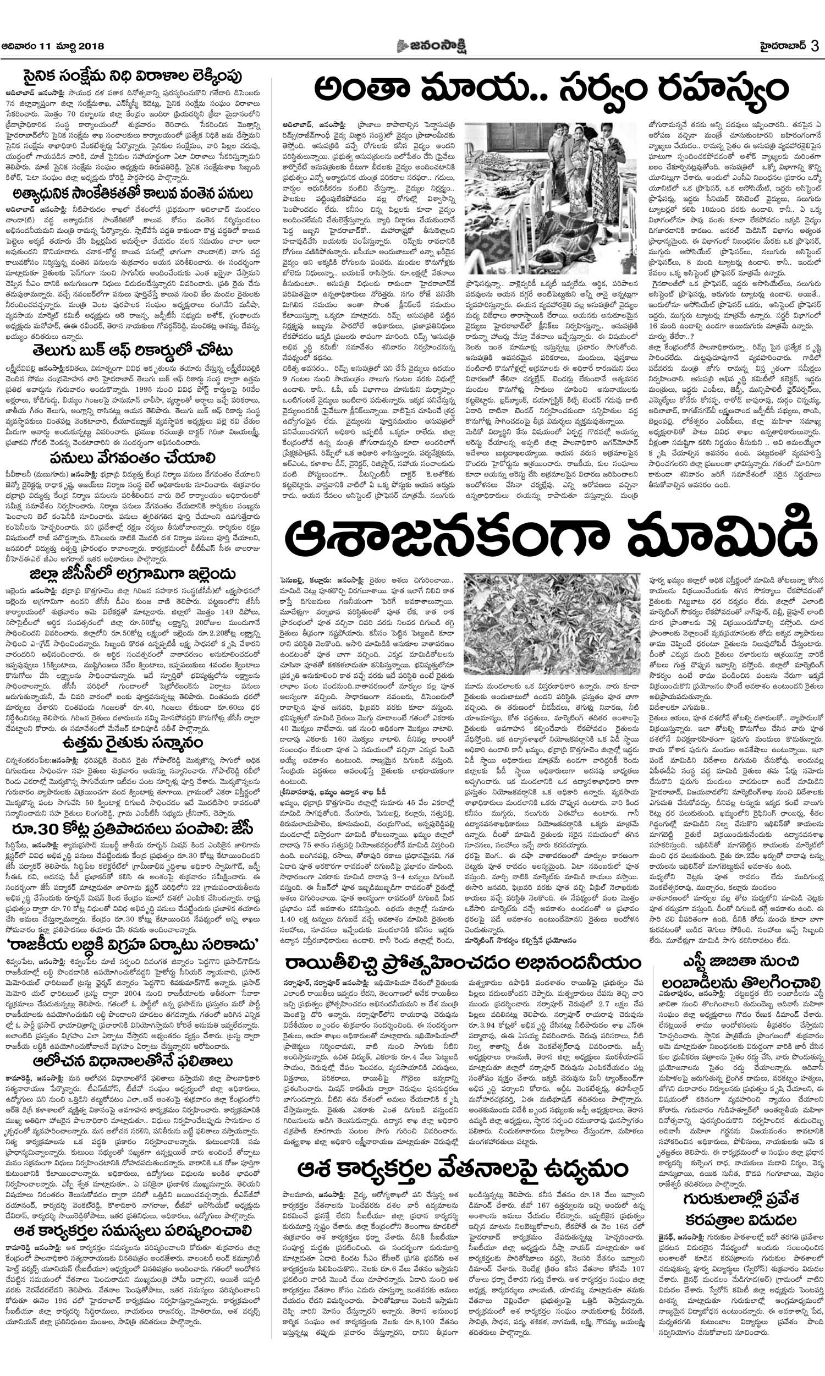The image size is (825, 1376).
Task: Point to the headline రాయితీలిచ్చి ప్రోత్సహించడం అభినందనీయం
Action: tap(463, 963)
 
